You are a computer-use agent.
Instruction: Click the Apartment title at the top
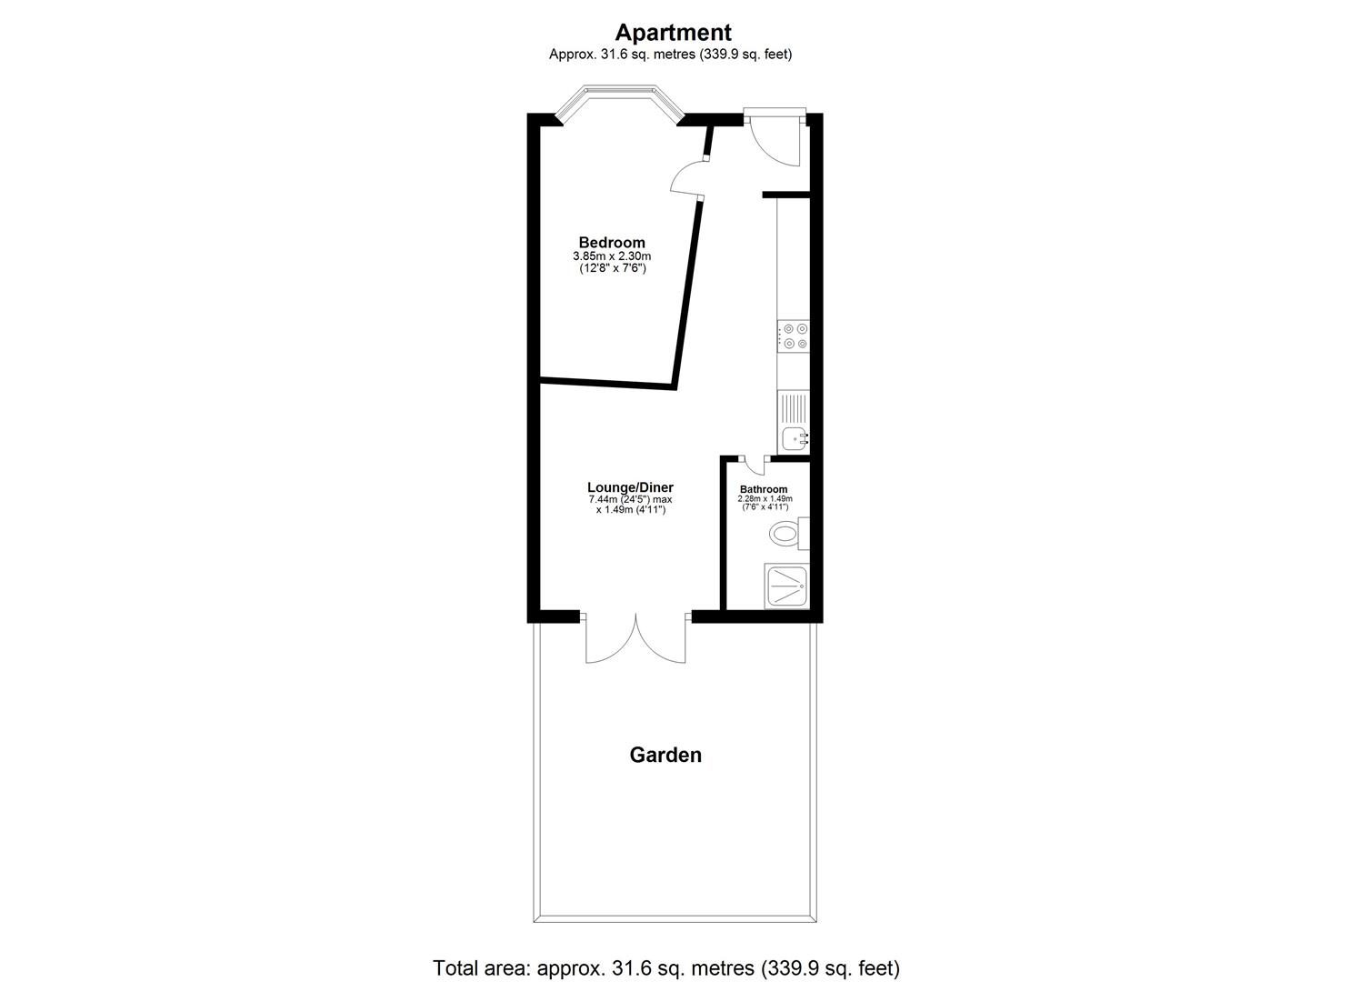(x=673, y=33)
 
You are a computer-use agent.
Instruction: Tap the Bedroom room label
(x=612, y=243)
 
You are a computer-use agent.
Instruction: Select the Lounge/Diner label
(x=630, y=487)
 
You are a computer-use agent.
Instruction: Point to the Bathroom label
(x=764, y=489)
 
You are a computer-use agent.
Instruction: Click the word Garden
(x=665, y=755)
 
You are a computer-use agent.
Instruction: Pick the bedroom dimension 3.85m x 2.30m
(x=612, y=256)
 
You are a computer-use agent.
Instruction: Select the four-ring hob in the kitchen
(x=794, y=336)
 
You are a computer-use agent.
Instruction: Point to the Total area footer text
(x=666, y=967)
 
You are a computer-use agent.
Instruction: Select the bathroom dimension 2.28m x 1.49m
(x=765, y=499)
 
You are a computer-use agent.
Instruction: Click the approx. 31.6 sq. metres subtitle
(x=670, y=55)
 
